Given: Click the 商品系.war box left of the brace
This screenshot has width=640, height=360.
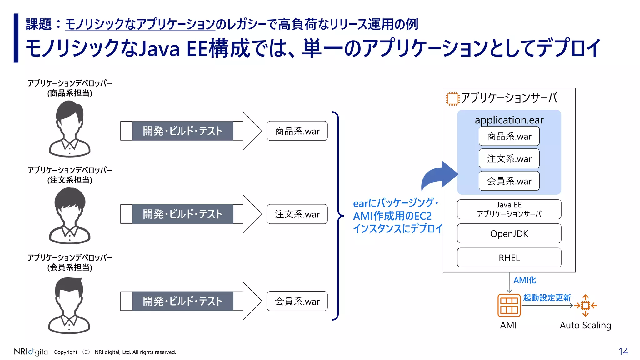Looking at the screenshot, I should [x=297, y=131].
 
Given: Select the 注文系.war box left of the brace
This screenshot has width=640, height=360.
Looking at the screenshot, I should [x=297, y=214].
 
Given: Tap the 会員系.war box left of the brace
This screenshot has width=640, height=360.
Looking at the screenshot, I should [x=297, y=301].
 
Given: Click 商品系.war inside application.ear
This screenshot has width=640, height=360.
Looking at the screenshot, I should [x=509, y=136].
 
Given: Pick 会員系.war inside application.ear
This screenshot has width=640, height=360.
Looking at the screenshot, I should [x=509, y=181].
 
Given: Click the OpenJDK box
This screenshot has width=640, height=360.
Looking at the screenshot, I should [x=509, y=233].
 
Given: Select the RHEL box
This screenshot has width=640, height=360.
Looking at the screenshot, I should [x=509, y=258].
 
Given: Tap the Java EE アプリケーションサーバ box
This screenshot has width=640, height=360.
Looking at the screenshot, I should [x=509, y=209].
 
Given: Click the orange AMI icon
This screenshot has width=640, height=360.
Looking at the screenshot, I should [x=509, y=305].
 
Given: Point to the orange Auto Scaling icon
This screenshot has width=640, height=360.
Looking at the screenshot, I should [x=586, y=305].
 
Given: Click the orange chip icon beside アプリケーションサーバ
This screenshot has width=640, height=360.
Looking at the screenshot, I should [x=452, y=99].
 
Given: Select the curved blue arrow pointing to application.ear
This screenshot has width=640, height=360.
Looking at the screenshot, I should [x=437, y=177].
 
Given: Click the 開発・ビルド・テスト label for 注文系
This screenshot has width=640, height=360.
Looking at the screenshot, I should [x=183, y=214].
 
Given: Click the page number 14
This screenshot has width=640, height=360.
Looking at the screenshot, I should [x=623, y=352].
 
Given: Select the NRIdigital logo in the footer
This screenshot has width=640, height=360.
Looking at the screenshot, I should [x=32, y=352].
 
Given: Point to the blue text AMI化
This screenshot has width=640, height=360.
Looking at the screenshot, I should [x=525, y=280].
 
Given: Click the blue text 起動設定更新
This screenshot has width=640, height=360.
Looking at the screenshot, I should [x=547, y=297].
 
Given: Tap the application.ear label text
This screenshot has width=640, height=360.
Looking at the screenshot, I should [x=509, y=120].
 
